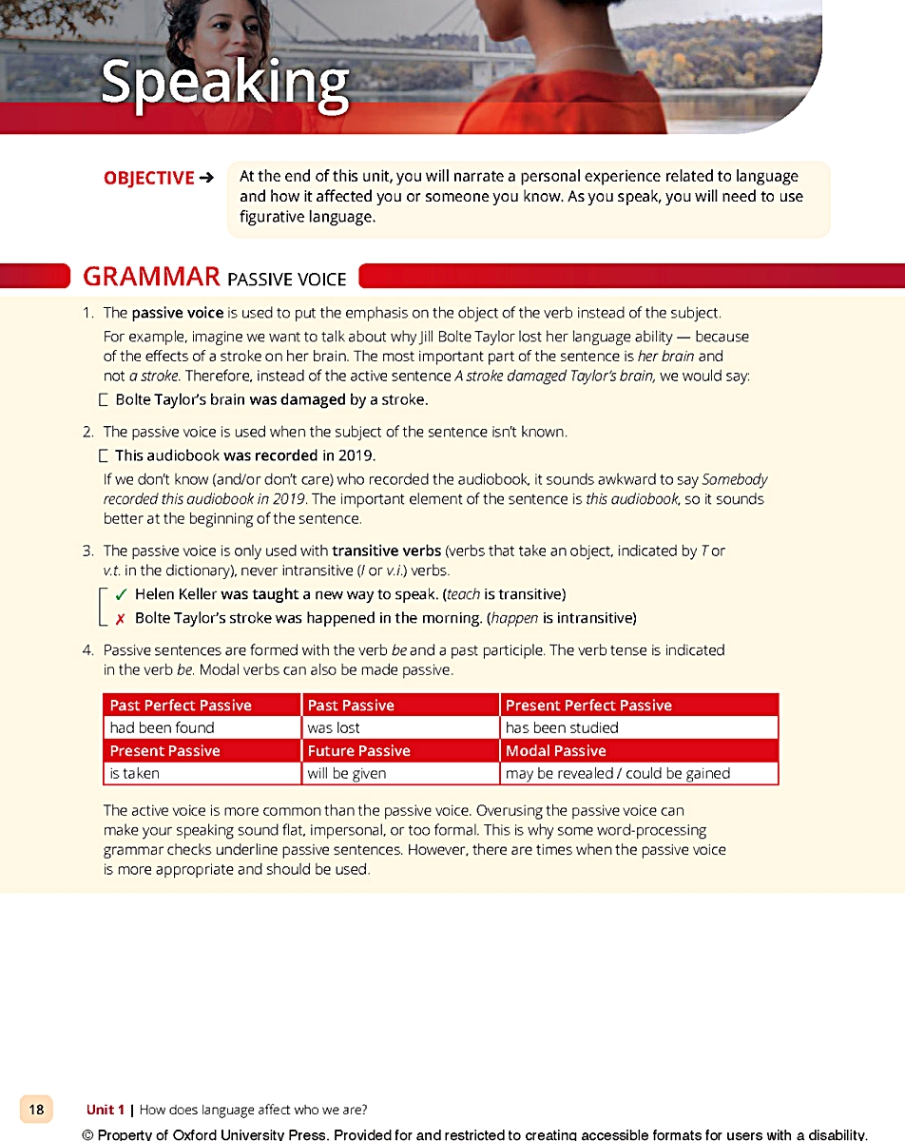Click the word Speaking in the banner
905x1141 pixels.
224,81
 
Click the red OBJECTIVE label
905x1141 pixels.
149,178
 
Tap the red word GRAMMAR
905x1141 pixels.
151,277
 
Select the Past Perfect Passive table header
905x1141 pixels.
181,705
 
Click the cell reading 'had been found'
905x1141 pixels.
163,727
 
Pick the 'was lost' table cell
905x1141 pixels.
334,727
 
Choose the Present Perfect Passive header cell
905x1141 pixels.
588,705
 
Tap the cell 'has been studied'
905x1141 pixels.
562,727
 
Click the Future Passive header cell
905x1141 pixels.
358,750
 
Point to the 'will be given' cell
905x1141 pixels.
347,773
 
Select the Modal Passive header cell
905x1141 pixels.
555,750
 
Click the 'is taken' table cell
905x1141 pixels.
135,773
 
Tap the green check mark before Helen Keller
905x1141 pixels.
121,594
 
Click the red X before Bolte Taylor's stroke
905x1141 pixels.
121,618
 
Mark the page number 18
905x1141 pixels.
36,1109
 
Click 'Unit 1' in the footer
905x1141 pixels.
105,1110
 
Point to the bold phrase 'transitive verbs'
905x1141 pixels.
386,551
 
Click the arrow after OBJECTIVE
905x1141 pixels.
207,178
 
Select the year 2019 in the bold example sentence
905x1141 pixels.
356,454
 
